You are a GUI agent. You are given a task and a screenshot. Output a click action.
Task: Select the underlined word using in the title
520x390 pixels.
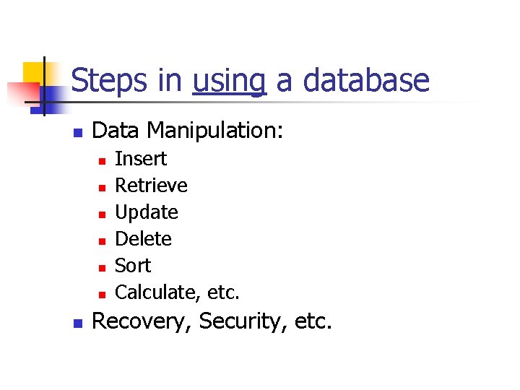pyautogui.click(x=229, y=81)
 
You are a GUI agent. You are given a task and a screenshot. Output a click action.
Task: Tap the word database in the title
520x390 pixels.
pyautogui.click(x=366, y=81)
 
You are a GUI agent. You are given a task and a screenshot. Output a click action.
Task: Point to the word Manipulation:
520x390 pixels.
pyautogui.click(x=216, y=131)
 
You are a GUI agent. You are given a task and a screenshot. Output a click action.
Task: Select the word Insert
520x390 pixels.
pyautogui.click(x=141, y=159)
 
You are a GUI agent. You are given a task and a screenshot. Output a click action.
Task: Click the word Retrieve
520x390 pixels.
pyautogui.click(x=151, y=186)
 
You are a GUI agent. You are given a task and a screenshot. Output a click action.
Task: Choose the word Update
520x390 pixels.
pyautogui.click(x=147, y=212)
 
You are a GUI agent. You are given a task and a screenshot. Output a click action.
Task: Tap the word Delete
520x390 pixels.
pyautogui.click(x=143, y=239)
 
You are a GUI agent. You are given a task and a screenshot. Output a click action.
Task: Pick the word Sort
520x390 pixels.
pyautogui.click(x=133, y=266)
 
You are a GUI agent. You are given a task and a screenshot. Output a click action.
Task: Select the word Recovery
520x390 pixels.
pyautogui.click(x=142, y=321)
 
